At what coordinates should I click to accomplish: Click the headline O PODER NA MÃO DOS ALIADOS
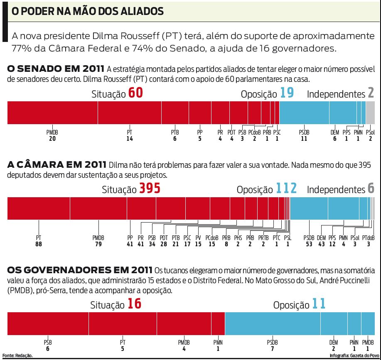coord(87,11)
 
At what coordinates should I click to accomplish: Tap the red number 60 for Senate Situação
coord(135,93)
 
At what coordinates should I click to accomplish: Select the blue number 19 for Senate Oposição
coord(287,93)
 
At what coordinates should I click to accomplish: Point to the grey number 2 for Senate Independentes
coord(371,93)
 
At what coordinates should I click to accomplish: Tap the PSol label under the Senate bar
coord(370,132)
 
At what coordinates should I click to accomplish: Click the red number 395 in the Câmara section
coord(150,189)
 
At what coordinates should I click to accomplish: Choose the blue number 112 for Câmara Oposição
coord(287,189)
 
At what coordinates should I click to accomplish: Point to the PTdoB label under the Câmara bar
coord(368,238)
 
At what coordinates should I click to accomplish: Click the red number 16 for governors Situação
coord(135,304)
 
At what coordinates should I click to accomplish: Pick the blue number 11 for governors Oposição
coord(319,304)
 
